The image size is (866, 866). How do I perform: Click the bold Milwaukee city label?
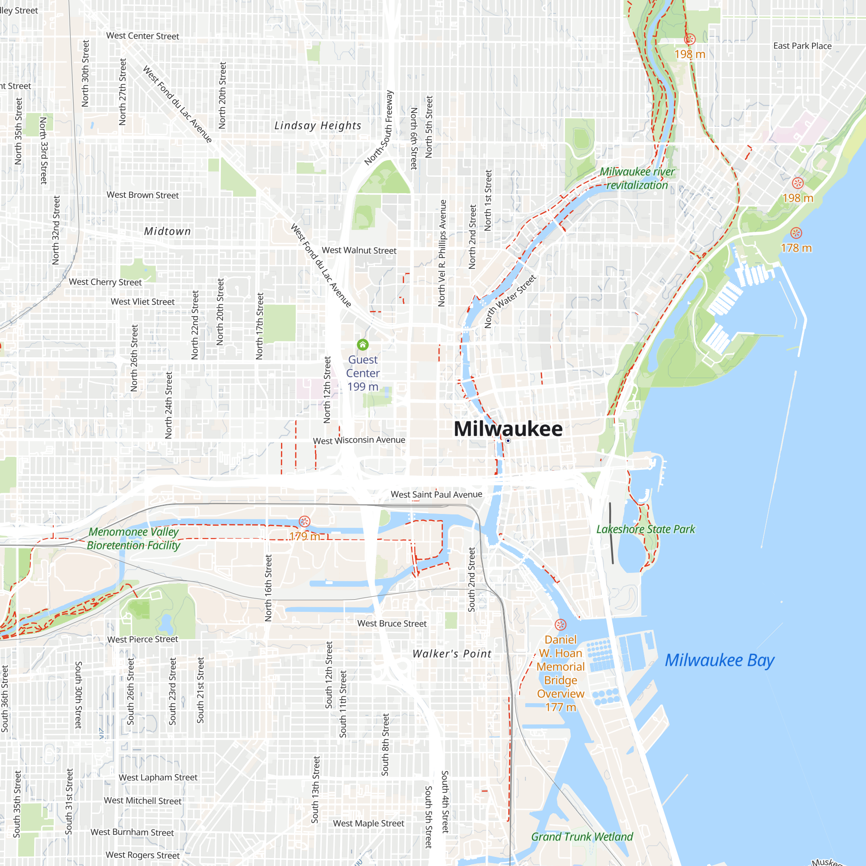pyautogui.click(x=508, y=429)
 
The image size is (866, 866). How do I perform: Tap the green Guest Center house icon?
pyautogui.click(x=362, y=345)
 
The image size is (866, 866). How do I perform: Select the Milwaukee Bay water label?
pyautogui.click(x=719, y=661)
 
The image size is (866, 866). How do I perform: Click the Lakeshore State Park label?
pyautogui.click(x=646, y=530)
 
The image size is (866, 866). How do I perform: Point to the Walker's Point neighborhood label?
pyautogui.click(x=452, y=654)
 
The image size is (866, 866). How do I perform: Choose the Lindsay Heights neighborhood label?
pyautogui.click(x=318, y=126)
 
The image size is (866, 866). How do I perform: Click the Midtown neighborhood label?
pyautogui.click(x=167, y=231)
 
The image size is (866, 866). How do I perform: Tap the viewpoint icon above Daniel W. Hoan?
pyautogui.click(x=560, y=625)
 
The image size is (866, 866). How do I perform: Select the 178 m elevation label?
pyautogui.click(x=796, y=248)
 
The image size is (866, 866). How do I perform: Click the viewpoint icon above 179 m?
pyautogui.click(x=304, y=521)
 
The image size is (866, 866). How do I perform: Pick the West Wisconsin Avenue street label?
pyautogui.click(x=359, y=440)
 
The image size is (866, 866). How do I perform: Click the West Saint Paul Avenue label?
pyautogui.click(x=436, y=494)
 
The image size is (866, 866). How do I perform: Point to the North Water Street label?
pyautogui.click(x=510, y=301)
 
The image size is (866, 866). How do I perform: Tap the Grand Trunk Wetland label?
pyautogui.click(x=582, y=837)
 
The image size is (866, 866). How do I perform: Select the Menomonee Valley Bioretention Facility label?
pyautogui.click(x=133, y=538)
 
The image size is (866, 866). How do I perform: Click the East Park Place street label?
pyautogui.click(x=802, y=46)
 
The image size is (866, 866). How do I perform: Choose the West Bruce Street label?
pyautogui.click(x=392, y=624)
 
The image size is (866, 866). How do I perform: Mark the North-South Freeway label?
pyautogui.click(x=379, y=128)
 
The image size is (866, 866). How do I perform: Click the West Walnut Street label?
pyautogui.click(x=359, y=250)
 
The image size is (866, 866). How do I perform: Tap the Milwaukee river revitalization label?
pyautogui.click(x=637, y=178)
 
